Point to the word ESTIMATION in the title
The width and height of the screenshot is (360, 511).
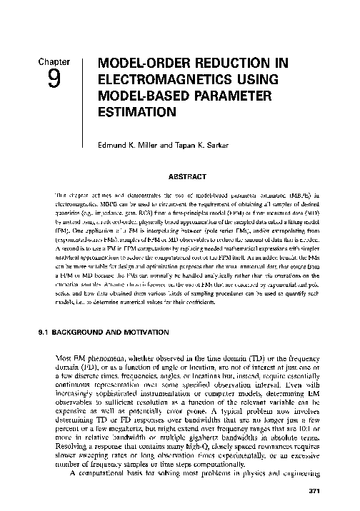[x=137, y=111]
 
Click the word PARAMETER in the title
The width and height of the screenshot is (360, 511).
[x=242, y=96]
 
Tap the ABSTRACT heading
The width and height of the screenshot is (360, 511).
[x=187, y=175]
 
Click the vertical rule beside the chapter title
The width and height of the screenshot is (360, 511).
[x=83, y=89]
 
